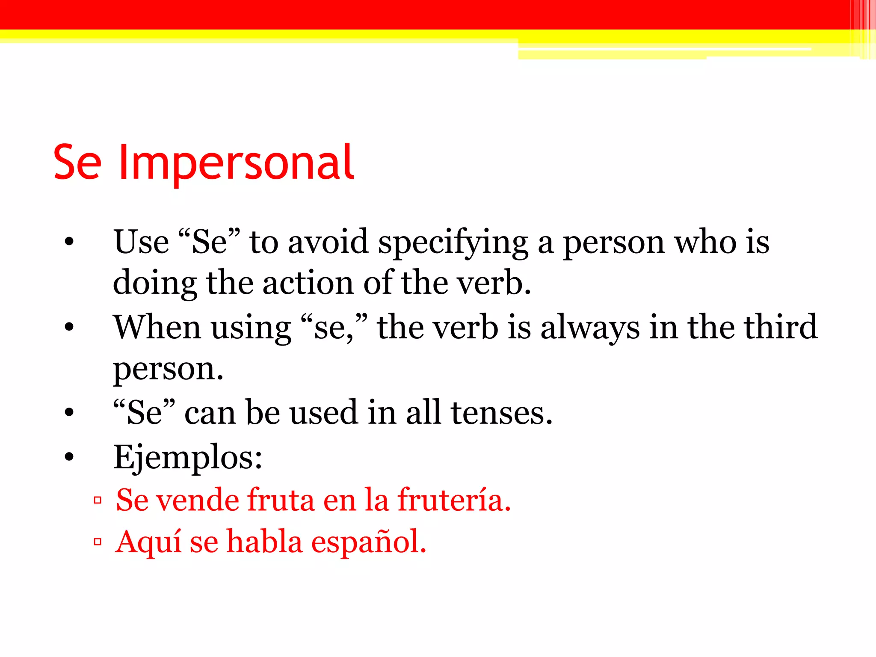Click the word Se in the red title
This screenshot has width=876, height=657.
(x=77, y=163)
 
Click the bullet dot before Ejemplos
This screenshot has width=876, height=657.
(x=69, y=457)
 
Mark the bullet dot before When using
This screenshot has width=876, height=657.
(x=69, y=328)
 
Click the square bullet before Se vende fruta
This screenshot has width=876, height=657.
(x=98, y=500)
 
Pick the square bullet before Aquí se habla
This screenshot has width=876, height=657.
(x=98, y=542)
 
